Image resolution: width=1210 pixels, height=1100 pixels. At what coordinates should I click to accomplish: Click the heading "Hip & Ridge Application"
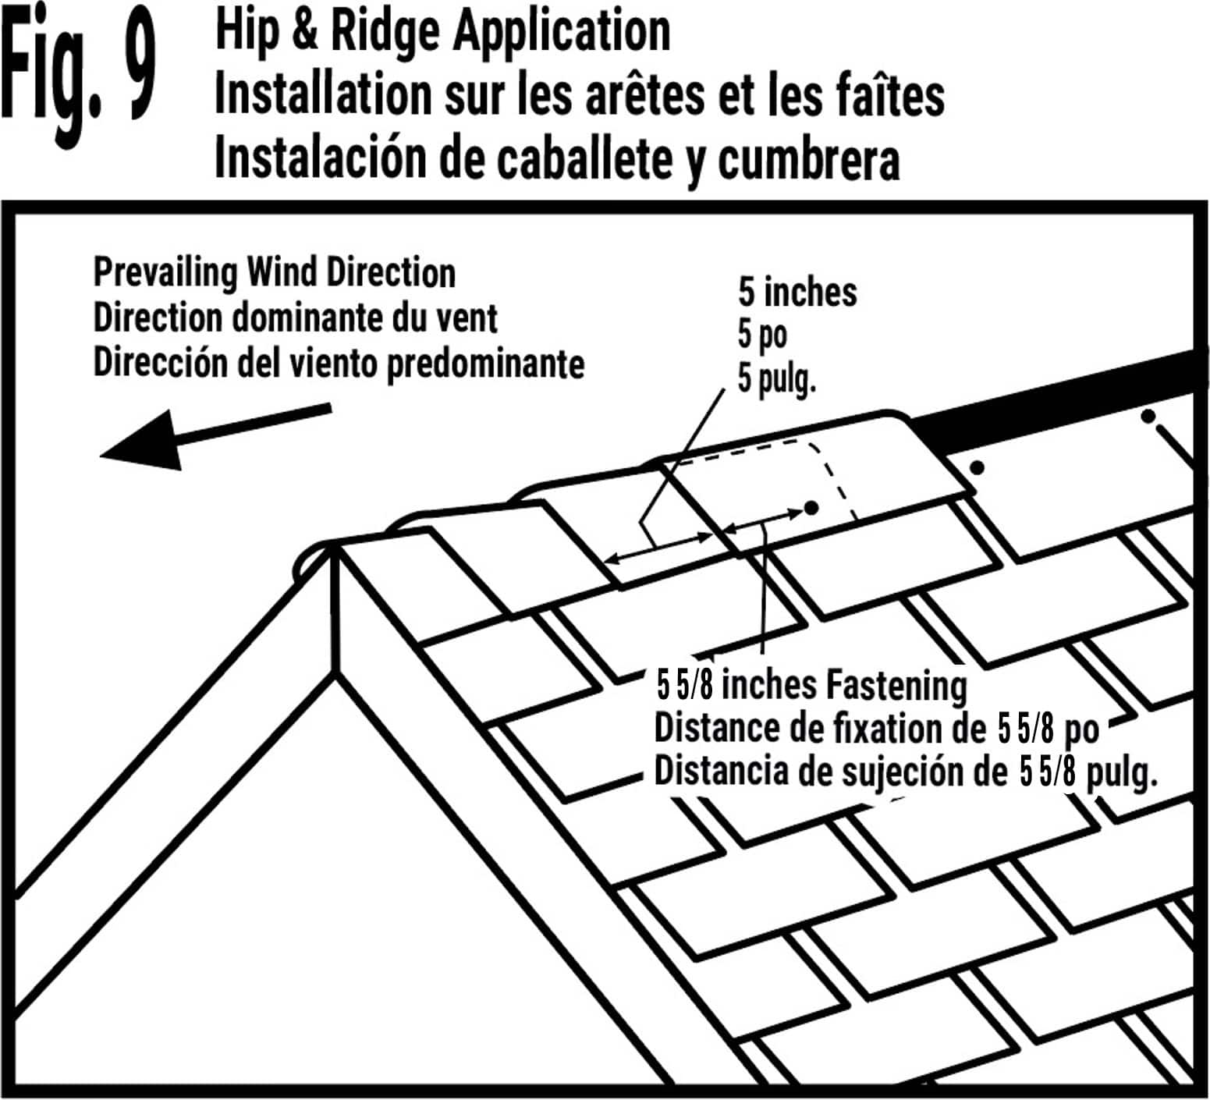[x=442, y=33]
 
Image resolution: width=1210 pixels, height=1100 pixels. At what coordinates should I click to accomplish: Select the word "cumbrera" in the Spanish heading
[x=808, y=158]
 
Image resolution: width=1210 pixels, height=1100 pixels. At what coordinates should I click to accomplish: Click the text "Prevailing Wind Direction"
[x=275, y=273]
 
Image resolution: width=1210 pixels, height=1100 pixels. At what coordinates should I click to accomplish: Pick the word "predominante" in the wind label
[x=485, y=364]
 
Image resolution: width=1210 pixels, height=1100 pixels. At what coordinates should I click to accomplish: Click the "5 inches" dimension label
[x=797, y=293]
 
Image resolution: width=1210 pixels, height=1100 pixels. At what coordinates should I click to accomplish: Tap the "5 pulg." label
[x=776, y=380]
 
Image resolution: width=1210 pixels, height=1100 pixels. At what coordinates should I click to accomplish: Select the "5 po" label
[x=762, y=335]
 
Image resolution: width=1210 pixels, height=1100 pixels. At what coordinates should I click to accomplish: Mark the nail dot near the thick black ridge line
[x=1148, y=417]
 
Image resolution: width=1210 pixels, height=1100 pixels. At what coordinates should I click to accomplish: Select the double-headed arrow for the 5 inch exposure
[x=659, y=547]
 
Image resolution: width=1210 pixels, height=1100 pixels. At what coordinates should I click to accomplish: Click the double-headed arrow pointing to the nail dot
[x=763, y=521]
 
